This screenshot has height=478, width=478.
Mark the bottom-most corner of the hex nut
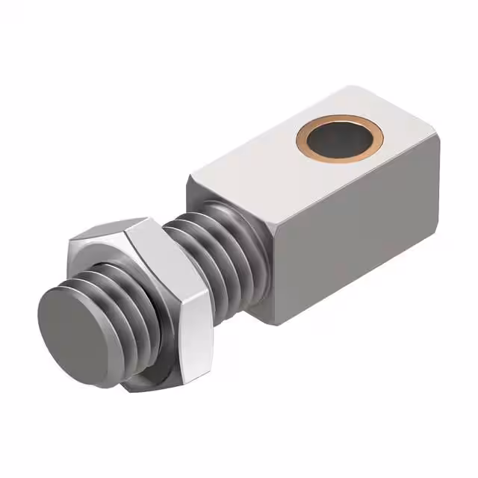[x=134, y=388]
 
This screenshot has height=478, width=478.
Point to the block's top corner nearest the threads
[x=191, y=176]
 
